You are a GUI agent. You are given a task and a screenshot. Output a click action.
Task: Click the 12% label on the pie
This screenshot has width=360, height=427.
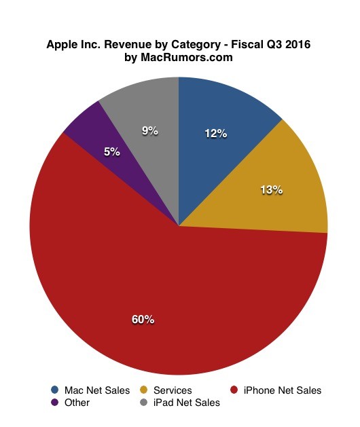point(215,134)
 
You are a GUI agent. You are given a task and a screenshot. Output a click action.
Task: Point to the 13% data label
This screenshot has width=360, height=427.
point(271,190)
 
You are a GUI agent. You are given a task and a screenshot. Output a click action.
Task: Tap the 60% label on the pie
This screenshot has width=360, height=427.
point(143,318)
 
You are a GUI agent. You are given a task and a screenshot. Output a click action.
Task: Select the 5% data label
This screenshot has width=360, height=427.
point(112,152)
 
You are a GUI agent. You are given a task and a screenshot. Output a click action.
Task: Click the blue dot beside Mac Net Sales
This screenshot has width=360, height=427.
point(54,390)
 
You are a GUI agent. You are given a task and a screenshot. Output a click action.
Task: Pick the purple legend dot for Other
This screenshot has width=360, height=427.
point(54,403)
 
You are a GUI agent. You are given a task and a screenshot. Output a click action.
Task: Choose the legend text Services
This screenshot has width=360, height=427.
point(173,390)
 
